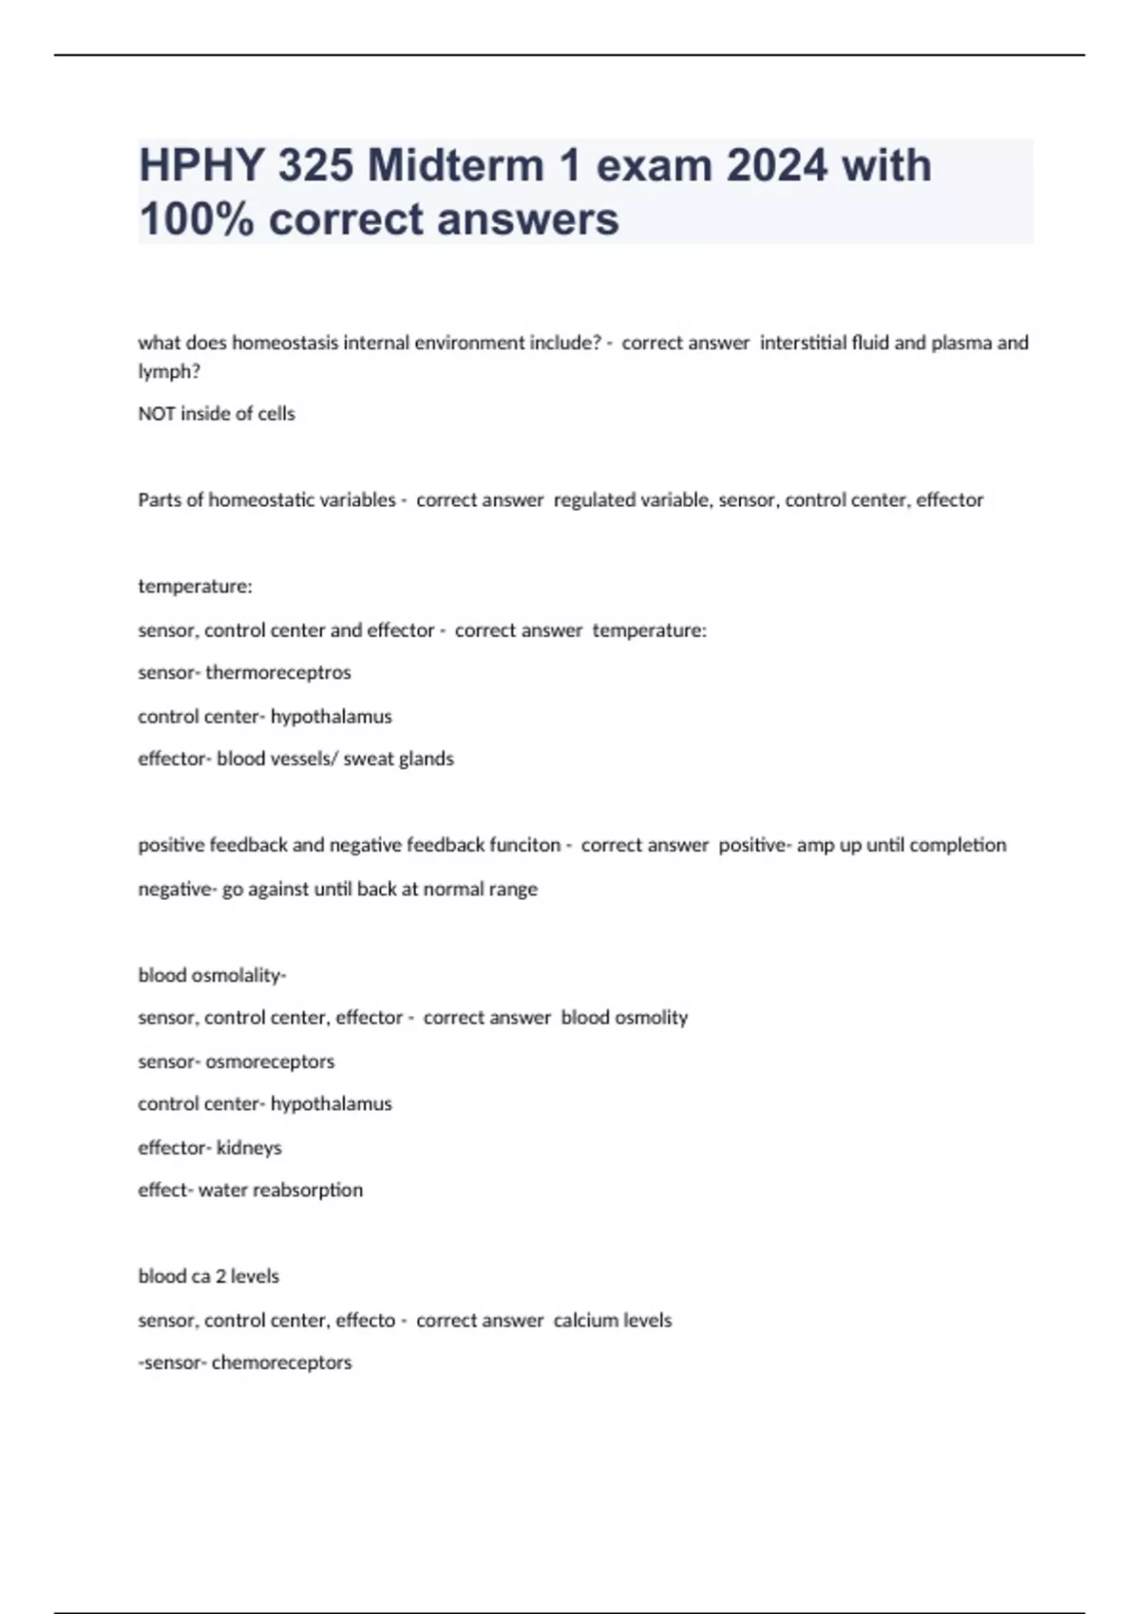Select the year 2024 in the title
click(x=777, y=166)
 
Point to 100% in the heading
click(x=196, y=219)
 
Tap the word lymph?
click(x=169, y=372)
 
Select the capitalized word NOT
click(x=156, y=414)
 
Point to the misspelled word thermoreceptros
click(x=278, y=673)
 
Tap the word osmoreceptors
click(x=270, y=1061)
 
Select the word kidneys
click(x=249, y=1148)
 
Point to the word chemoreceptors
click(x=281, y=1363)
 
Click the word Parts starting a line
click(x=160, y=500)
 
